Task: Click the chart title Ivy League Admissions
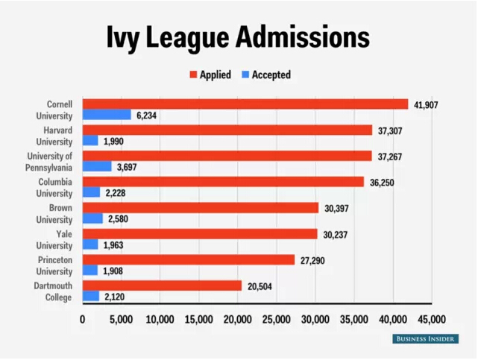coord(239,37)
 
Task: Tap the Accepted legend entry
coord(265,75)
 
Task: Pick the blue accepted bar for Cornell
coord(107,116)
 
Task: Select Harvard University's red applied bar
coord(227,130)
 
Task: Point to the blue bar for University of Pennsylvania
coord(97,167)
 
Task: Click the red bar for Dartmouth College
coord(162,285)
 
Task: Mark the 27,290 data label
coord(314,259)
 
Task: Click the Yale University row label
coord(54,239)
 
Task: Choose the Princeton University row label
coord(54,265)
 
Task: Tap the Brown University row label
coord(54,213)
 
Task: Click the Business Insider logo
coord(425,339)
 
